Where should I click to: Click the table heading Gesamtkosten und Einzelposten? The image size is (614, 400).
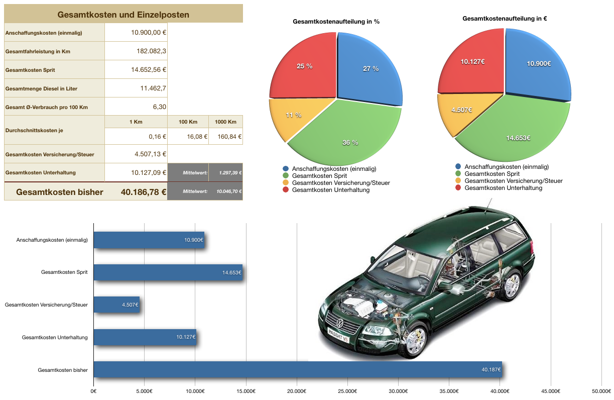pyautogui.click(x=123, y=15)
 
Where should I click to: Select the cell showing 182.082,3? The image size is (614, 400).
pyautogui.click(x=151, y=51)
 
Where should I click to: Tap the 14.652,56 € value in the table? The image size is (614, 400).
pyautogui.click(x=149, y=70)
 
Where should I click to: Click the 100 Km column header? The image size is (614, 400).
pyautogui.click(x=188, y=122)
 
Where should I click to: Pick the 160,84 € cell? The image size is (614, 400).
pyautogui.click(x=226, y=136)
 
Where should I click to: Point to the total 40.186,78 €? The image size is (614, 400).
pyautogui.click(x=144, y=192)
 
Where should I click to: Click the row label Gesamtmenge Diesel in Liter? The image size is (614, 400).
pyautogui.click(x=41, y=88)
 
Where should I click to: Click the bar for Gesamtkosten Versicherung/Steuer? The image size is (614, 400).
pyautogui.click(x=116, y=305)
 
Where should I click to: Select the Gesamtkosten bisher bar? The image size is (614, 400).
pyautogui.click(x=297, y=369)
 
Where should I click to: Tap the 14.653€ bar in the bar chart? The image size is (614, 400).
pyautogui.click(x=168, y=272)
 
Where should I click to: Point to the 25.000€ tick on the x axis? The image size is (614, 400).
pyautogui.click(x=347, y=391)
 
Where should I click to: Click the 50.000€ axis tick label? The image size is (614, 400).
pyautogui.click(x=601, y=391)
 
